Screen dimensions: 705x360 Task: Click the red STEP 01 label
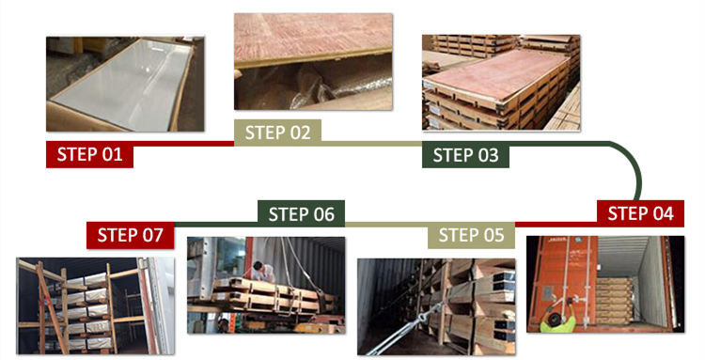pos(89,154)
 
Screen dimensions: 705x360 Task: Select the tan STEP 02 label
pos(277,133)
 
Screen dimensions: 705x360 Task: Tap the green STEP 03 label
pos(465,155)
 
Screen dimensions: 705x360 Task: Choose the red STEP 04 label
pos(640,213)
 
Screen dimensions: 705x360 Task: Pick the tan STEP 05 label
pos(471,235)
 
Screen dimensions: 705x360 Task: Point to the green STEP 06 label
pos(301,214)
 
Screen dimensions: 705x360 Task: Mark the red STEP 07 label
pos(131,235)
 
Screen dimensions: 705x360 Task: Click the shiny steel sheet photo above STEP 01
pos(125,84)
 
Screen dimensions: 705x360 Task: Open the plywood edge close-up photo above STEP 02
pos(313,62)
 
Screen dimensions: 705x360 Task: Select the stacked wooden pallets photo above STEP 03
pos(501,83)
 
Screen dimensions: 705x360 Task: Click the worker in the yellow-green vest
pos(557,319)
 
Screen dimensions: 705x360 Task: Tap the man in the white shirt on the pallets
pos(263,272)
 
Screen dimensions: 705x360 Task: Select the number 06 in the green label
pos(323,214)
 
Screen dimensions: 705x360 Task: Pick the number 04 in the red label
pos(663,214)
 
